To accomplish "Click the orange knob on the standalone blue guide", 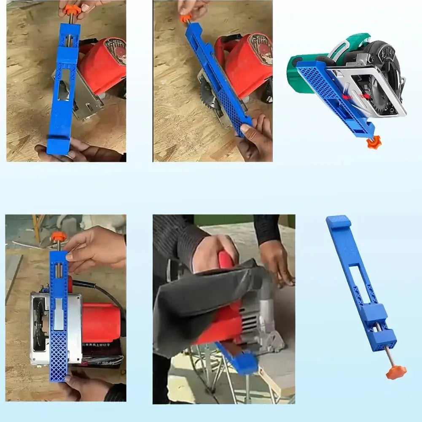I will pos(395,371).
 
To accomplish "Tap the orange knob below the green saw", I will pos(373,142).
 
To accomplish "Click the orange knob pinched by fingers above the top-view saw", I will pos(58,237).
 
